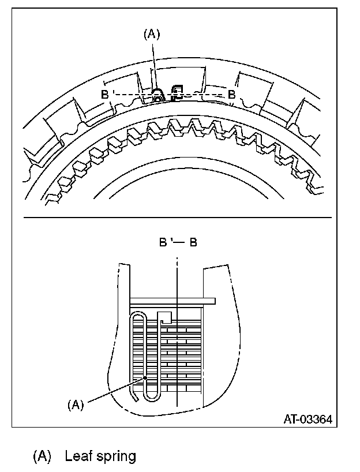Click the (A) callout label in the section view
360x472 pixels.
coord(75,404)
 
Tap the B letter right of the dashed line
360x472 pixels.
coord(231,94)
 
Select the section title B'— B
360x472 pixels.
coord(178,242)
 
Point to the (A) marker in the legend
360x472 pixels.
coord(42,457)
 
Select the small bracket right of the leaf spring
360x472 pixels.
coord(177,92)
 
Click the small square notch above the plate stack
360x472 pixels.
coord(165,317)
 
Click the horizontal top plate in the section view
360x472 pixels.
coord(173,301)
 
